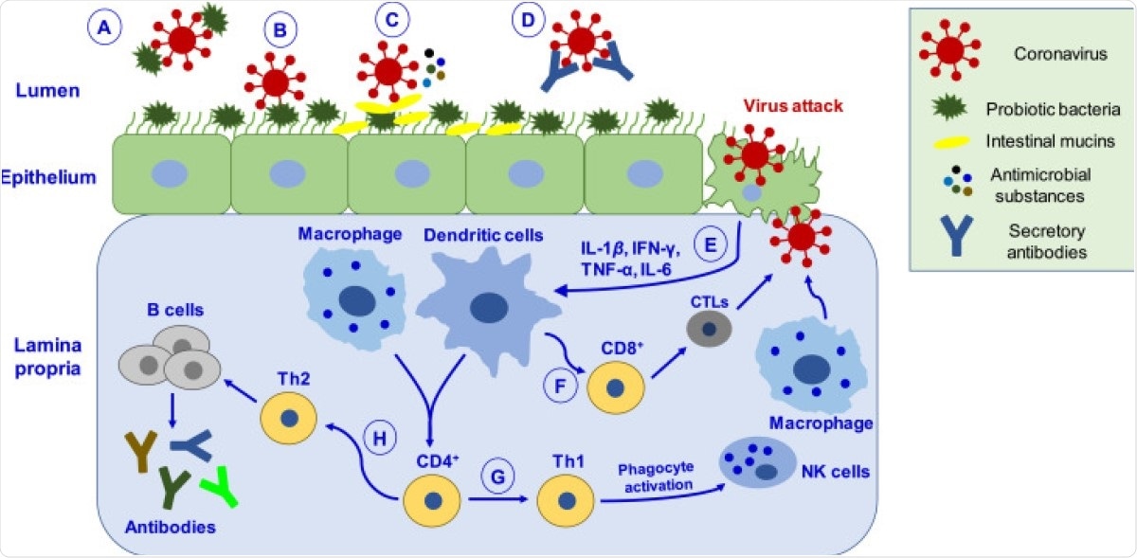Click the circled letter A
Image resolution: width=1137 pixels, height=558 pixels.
pyautogui.click(x=105, y=29)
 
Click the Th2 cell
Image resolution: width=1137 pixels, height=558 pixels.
pyautogui.click(x=288, y=419)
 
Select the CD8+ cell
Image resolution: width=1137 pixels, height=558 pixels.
pyautogui.click(x=616, y=388)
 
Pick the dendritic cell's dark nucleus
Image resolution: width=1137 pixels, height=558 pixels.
pyautogui.click(x=490, y=308)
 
